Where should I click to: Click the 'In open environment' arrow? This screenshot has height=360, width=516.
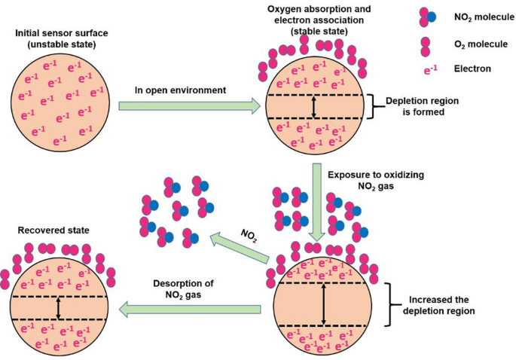[189, 106]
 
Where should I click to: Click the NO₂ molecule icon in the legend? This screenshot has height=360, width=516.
[427, 17]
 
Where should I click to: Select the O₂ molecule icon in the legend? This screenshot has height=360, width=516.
[425, 47]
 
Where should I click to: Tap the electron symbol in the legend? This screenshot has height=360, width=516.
[431, 70]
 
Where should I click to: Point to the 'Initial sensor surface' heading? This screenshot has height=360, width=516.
[62, 38]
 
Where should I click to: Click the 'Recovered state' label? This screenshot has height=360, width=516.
[53, 230]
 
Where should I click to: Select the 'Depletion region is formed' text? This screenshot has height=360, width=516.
[423, 106]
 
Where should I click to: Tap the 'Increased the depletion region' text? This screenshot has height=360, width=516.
[438, 305]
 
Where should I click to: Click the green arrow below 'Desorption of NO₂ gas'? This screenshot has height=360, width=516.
[190, 310]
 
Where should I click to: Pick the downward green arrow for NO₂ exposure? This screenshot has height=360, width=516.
[317, 202]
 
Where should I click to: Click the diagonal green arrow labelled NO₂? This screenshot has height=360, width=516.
[240, 248]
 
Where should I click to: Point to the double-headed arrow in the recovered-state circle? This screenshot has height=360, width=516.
[59, 308]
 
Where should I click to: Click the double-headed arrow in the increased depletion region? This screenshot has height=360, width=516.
[324, 304]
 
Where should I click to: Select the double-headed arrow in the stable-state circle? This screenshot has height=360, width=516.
[313, 107]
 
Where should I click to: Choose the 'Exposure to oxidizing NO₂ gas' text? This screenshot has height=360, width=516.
[376, 180]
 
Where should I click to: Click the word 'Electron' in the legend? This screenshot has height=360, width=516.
[472, 69]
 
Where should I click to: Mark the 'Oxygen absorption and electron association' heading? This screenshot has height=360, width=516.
[319, 14]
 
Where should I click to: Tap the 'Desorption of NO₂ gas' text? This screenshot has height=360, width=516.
[183, 289]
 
